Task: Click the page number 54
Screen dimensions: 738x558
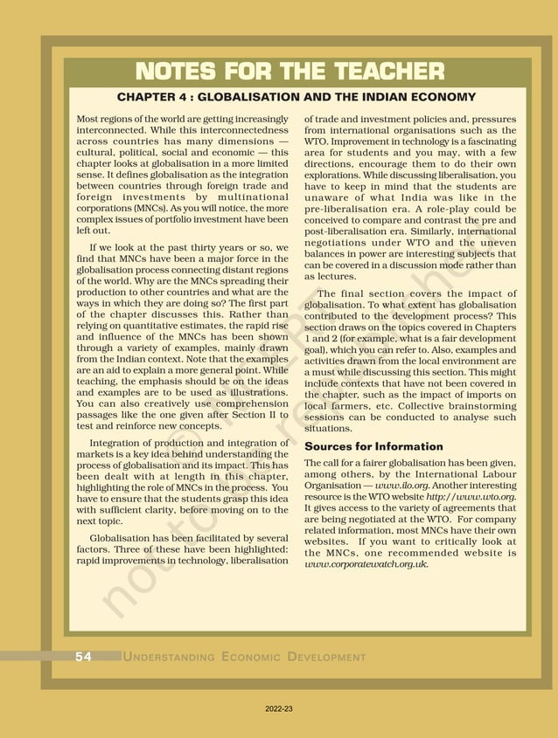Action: coord(83,657)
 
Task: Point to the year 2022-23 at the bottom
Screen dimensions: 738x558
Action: coord(279,709)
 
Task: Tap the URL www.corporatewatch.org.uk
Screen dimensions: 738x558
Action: coord(365,564)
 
